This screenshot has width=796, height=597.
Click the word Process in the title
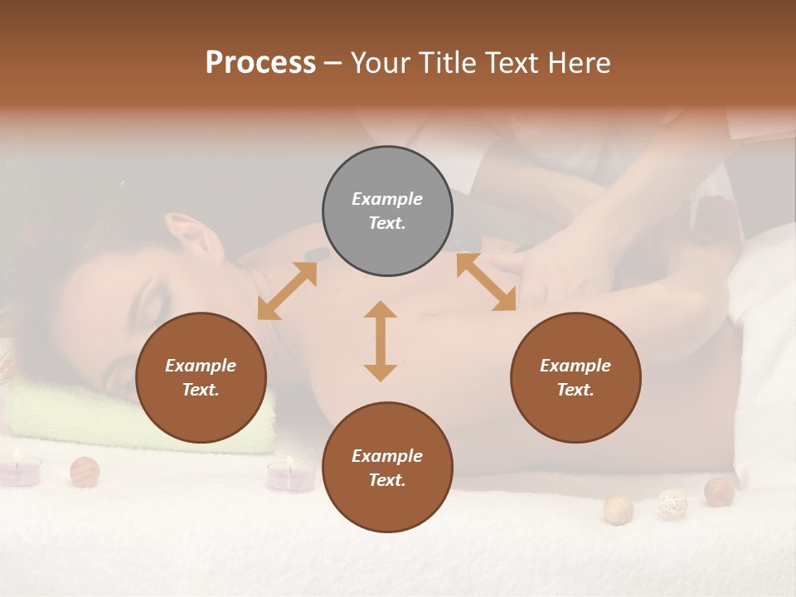click(x=260, y=63)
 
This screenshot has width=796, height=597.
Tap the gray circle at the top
click(x=387, y=211)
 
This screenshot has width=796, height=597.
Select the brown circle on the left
click(x=201, y=378)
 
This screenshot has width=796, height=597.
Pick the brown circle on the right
click(x=575, y=378)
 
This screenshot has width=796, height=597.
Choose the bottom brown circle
click(x=387, y=468)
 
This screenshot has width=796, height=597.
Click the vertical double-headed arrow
click(x=381, y=341)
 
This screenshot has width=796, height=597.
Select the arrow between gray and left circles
click(x=287, y=291)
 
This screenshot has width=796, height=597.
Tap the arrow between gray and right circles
click(x=486, y=283)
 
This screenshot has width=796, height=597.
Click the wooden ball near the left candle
click(x=85, y=471)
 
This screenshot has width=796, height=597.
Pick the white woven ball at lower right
click(x=672, y=503)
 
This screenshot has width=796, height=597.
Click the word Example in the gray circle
click(x=387, y=199)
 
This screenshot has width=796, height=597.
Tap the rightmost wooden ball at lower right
click(x=719, y=491)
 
